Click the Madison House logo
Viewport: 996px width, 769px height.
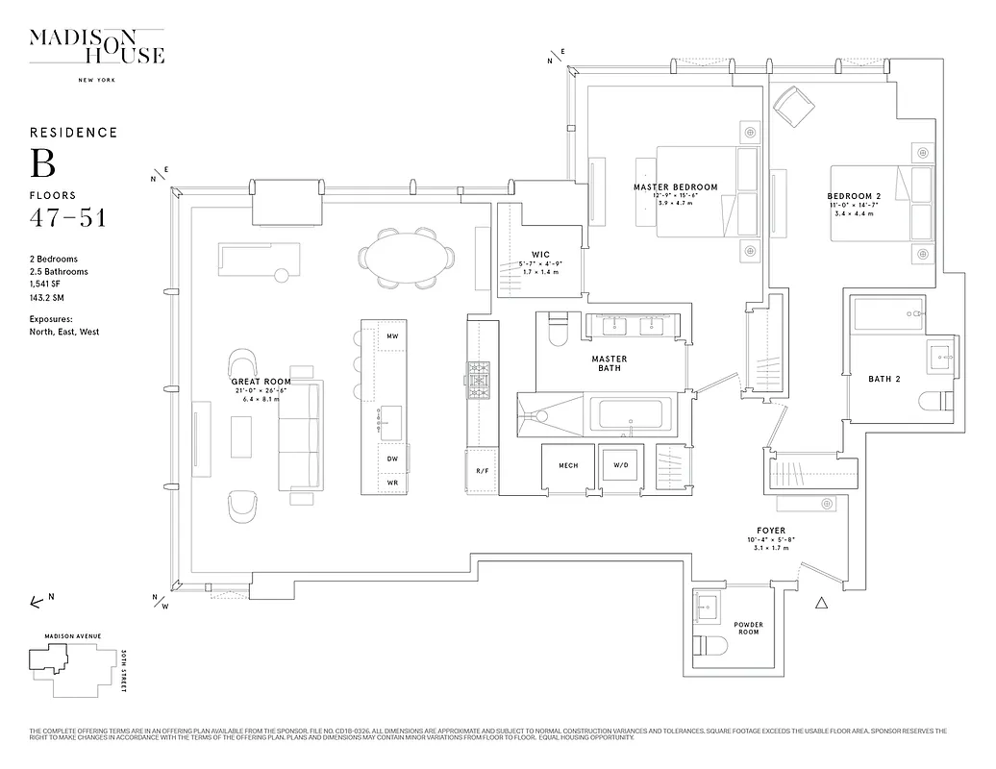click(x=96, y=47)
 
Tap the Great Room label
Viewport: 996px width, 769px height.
click(x=261, y=382)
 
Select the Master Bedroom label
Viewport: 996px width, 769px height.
click(x=675, y=186)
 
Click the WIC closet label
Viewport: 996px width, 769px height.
click(x=539, y=255)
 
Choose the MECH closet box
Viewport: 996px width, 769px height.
click(x=567, y=466)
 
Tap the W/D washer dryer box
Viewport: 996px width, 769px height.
click(x=621, y=466)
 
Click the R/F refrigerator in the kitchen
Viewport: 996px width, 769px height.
click(x=482, y=470)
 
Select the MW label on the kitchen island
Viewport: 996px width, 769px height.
click(x=392, y=336)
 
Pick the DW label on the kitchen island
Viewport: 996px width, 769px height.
click(x=392, y=459)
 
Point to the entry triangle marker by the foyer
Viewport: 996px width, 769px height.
click(x=821, y=604)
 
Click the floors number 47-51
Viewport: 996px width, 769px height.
click(x=67, y=217)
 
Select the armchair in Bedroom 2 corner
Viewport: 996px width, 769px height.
click(x=793, y=107)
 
